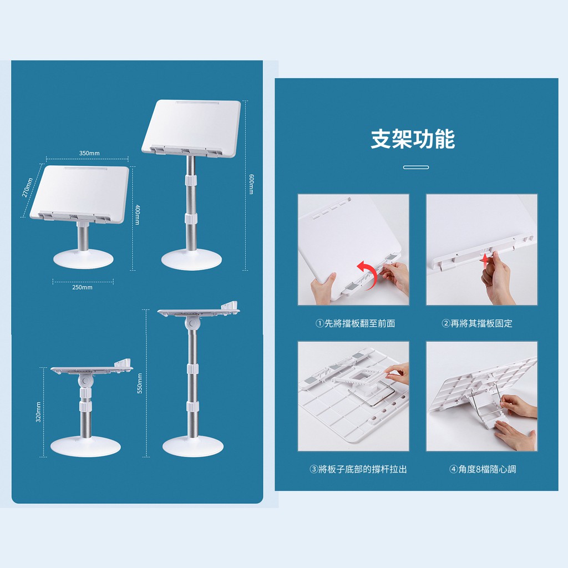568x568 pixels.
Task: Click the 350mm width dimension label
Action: tap(89, 153)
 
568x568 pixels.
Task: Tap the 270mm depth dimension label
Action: tap(28, 187)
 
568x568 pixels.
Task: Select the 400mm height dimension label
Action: tap(138, 215)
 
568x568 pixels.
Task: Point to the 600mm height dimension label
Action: tap(251, 184)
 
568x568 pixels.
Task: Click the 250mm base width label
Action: tap(82, 287)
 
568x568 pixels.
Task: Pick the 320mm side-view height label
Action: tap(38, 412)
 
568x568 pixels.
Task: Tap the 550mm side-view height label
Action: tap(140, 384)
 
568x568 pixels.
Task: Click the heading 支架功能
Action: tap(413, 139)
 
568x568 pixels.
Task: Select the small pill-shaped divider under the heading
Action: tap(416, 168)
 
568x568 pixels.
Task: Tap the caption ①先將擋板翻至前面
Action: tap(356, 323)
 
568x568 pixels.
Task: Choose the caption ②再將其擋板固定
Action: tap(477, 323)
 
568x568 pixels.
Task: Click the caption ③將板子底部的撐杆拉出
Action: tap(358, 469)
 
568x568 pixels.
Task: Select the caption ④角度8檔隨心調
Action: tap(483, 469)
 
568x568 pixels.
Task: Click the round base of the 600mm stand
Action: tap(191, 260)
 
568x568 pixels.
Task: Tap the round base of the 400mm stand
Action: tap(84, 258)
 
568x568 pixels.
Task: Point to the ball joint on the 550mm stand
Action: tap(191, 323)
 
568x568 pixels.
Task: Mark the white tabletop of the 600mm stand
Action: tap(191, 128)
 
